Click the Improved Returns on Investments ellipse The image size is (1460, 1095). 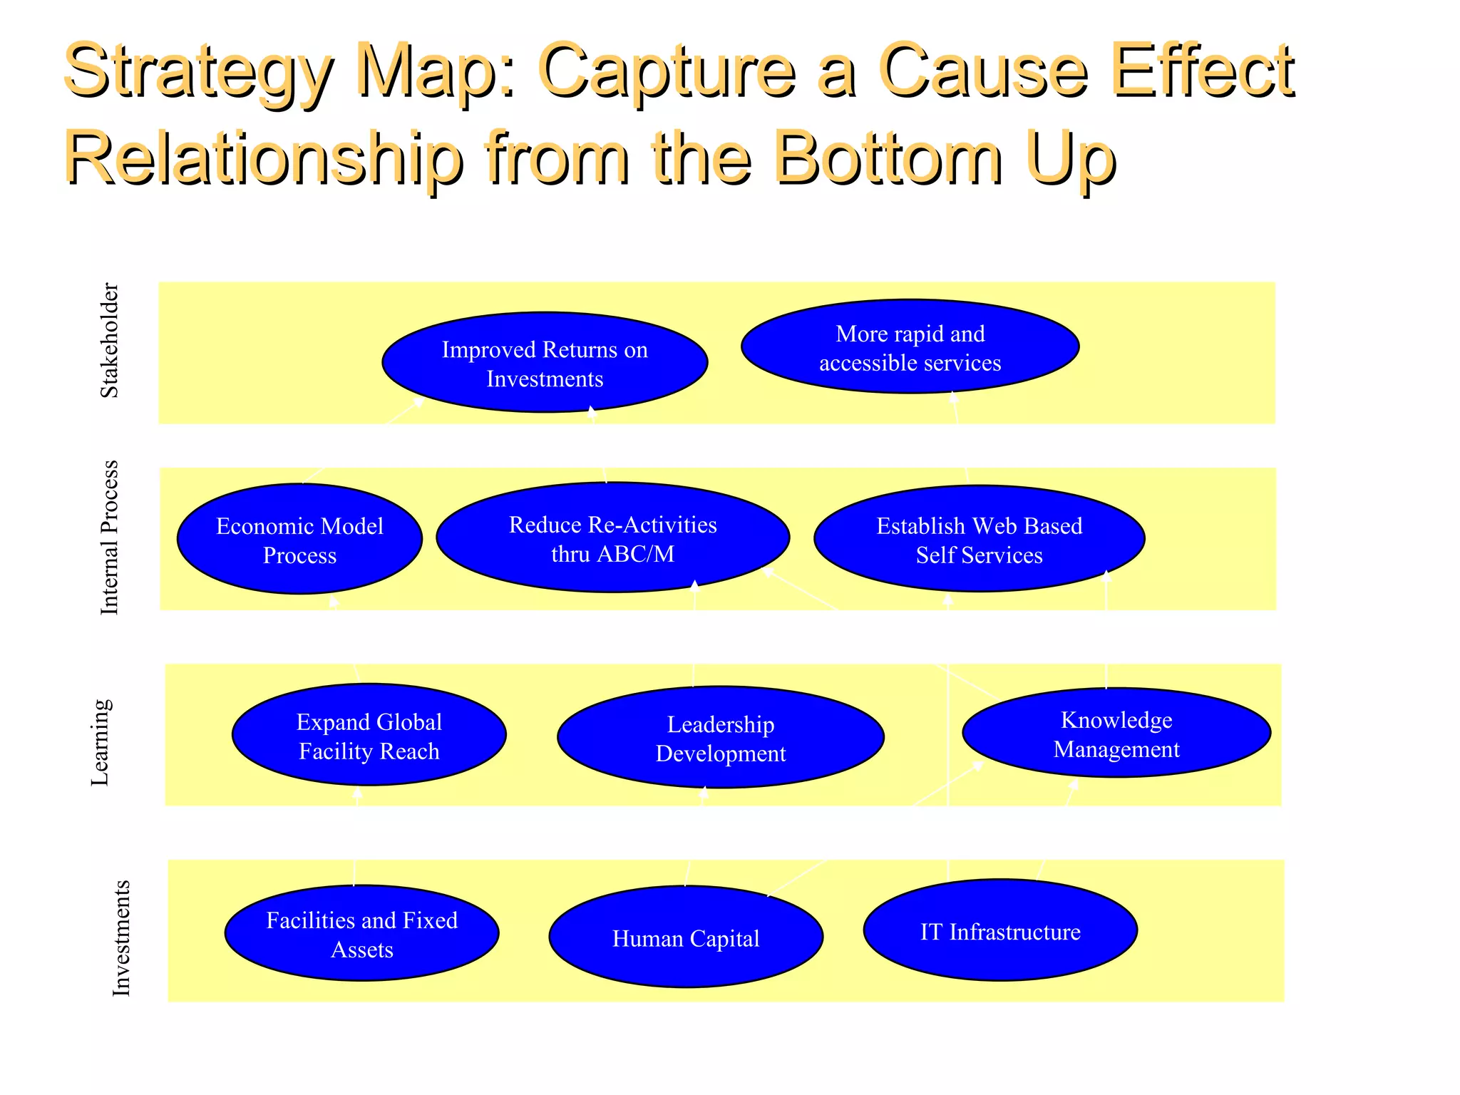545,363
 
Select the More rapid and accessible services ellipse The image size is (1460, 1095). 910,347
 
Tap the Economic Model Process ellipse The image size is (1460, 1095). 299,540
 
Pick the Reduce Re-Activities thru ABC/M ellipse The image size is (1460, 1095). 612,538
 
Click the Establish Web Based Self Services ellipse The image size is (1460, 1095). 979,540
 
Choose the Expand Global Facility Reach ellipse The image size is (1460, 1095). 369,736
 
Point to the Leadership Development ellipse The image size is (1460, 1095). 720,738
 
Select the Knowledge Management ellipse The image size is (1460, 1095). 1116,734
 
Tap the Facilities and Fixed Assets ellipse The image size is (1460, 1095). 361,934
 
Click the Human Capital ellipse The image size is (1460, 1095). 686,937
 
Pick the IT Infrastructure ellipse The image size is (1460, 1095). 999,931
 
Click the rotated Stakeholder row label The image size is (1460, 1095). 109,340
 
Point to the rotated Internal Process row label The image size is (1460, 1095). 109,538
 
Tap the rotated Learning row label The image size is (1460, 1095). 101,742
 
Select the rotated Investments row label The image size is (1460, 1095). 122,937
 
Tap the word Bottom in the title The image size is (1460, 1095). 888,158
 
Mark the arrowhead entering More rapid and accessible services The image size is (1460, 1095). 954,397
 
